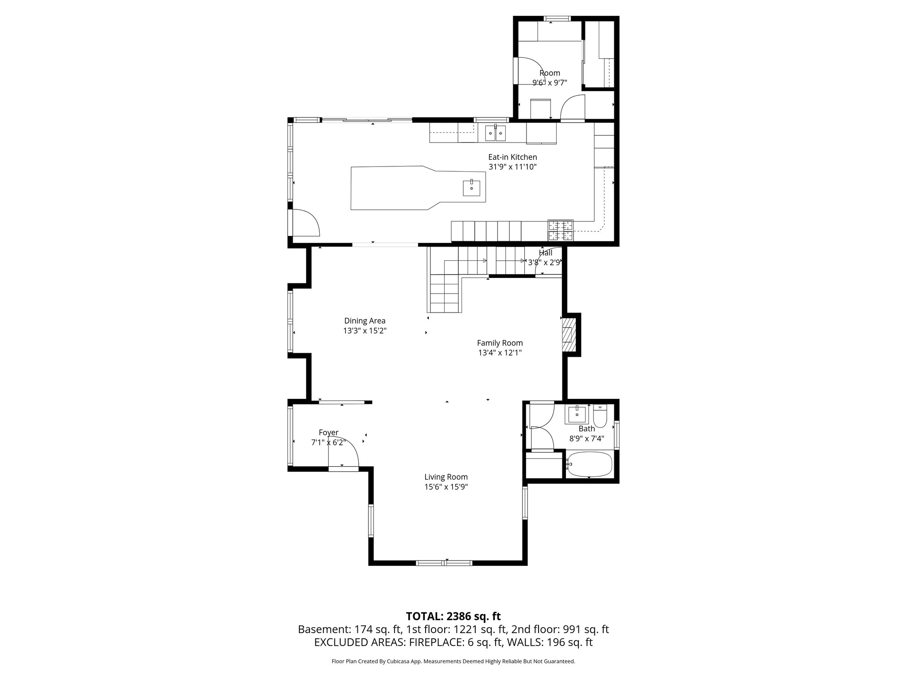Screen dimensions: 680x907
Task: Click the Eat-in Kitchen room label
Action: (512, 157)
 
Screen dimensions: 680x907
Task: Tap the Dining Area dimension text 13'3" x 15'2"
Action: (364, 331)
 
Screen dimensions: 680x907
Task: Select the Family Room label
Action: (500, 343)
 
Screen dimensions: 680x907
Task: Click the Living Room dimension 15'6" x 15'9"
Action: (446, 487)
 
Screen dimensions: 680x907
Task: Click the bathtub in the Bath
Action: (589, 464)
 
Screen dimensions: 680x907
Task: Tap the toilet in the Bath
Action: (600, 417)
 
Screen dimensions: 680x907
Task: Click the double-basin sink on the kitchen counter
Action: (495, 132)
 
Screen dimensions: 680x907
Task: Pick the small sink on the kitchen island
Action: (472, 188)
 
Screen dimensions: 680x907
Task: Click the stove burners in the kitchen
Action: (560, 230)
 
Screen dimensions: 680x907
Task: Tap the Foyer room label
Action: (328, 433)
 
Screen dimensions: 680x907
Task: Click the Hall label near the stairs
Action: (545, 253)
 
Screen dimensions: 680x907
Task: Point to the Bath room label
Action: (586, 429)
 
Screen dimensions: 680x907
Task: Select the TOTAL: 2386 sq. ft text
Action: (453, 616)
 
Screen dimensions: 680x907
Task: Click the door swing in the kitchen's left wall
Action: (304, 223)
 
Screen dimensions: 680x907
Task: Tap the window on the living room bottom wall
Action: (444, 563)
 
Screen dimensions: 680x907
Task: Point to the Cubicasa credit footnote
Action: (453, 661)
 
